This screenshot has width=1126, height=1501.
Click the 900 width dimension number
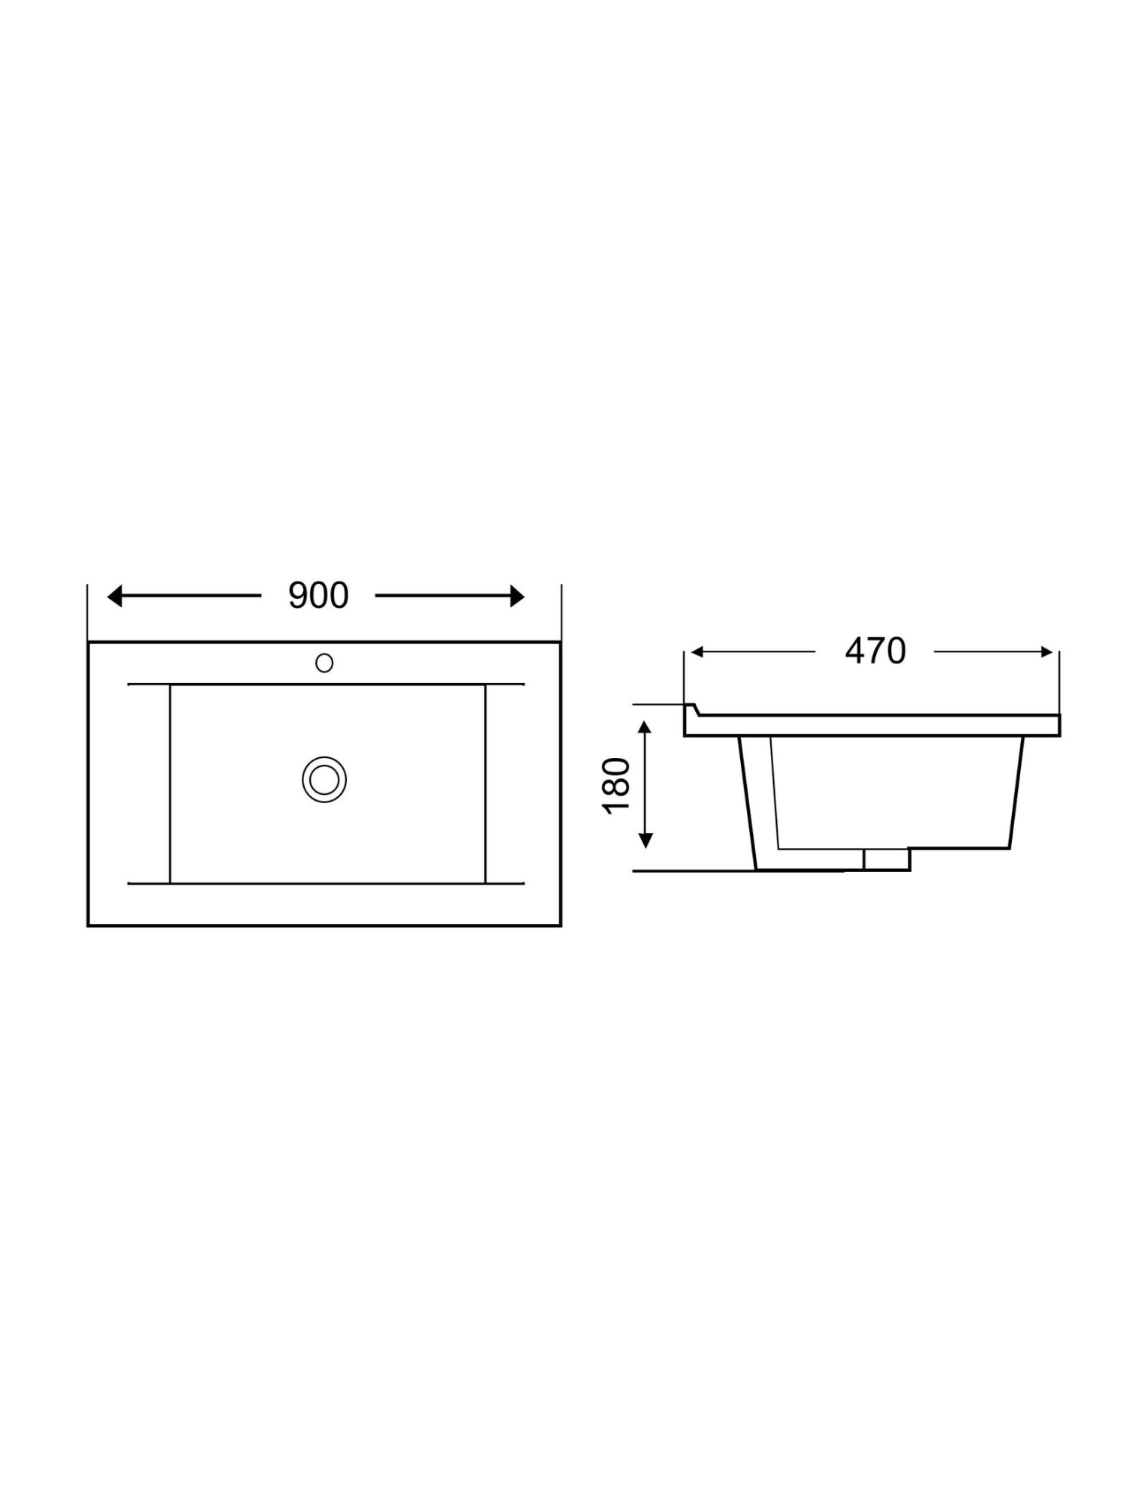[318, 596]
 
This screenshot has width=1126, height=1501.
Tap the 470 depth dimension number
[875, 651]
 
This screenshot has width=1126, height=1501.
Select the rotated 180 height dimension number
[616, 785]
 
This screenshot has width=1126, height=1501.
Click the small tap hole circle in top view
[324, 663]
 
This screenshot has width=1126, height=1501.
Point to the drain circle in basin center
[324, 779]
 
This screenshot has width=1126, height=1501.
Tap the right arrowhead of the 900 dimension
[516, 597]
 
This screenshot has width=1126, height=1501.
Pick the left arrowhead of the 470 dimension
[697, 652]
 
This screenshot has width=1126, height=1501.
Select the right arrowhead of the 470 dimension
[1047, 652]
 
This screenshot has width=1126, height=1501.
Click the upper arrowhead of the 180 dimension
[645, 729]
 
